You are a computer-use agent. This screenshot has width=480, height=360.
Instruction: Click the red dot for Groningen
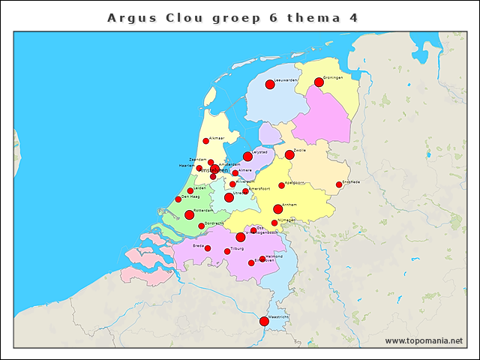(x=319, y=82)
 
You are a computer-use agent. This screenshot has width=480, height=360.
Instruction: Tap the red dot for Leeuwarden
(x=270, y=84)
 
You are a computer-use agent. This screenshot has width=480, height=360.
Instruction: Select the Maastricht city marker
(x=264, y=321)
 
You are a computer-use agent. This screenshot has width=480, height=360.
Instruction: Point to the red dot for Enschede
(x=339, y=184)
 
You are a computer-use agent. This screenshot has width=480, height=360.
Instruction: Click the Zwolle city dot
(x=289, y=154)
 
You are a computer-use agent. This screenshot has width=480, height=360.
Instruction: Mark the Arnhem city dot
(x=278, y=209)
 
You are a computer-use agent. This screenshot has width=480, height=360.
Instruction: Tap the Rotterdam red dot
(x=189, y=214)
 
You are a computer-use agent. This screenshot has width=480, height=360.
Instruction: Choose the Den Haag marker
(x=178, y=199)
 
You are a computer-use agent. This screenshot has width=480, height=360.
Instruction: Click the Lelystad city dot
(x=247, y=156)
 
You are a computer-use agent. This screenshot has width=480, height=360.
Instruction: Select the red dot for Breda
(x=208, y=248)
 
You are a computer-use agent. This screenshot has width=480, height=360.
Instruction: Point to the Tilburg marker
(x=227, y=251)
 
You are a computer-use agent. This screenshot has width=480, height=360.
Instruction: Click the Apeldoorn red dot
(x=282, y=185)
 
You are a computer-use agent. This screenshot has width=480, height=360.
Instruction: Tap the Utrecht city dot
(x=229, y=197)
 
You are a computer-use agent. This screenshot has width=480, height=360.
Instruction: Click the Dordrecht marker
(x=201, y=226)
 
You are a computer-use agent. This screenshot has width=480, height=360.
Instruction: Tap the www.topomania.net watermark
(x=424, y=340)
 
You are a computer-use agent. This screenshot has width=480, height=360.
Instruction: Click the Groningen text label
(x=333, y=77)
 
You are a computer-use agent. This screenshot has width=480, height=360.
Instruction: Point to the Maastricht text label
(x=279, y=317)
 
